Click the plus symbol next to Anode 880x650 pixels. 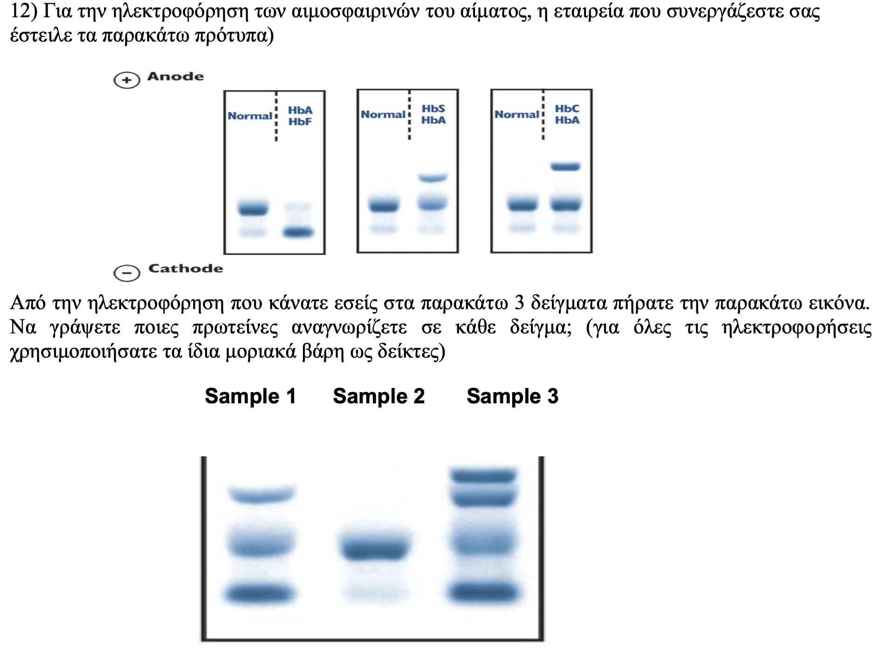pos(127,80)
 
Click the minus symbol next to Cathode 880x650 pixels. pos(127,273)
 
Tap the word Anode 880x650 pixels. pos(176,76)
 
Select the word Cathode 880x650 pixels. pos(186,269)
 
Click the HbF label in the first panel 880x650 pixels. pos(300,122)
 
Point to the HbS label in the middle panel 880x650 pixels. pos(433,109)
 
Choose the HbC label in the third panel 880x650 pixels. pos(567,109)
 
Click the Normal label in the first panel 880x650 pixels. pos(250,116)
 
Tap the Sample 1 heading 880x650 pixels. pos(251,396)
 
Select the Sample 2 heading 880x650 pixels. pos(379,396)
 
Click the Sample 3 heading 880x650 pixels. pos(513,396)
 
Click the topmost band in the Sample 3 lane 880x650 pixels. pos(483,476)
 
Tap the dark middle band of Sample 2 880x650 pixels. pos(375,548)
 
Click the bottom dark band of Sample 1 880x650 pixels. pos(260,594)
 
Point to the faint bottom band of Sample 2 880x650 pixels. pos(375,593)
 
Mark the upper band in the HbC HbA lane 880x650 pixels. pos(565,166)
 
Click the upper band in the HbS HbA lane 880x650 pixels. pos(433,177)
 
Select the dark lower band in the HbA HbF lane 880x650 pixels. pos(299,232)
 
